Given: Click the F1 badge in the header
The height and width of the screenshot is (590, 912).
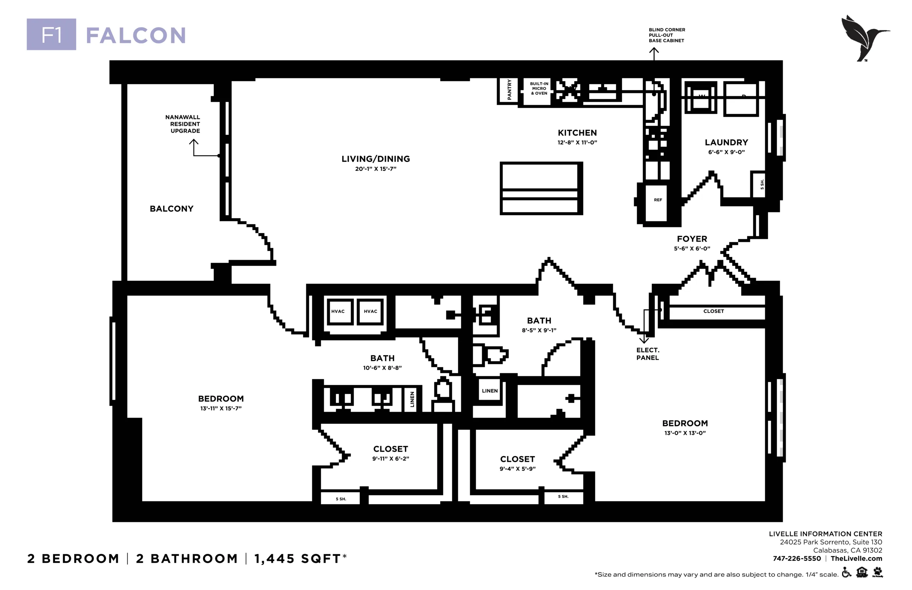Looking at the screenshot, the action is pos(51,34).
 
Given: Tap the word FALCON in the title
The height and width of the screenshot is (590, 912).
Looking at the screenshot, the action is pos(136,35).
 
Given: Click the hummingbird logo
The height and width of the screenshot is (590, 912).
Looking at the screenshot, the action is pos(865,38).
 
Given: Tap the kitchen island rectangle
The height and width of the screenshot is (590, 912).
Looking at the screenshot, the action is pos(541,188).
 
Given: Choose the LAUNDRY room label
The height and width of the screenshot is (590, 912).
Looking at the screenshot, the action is pos(726,143).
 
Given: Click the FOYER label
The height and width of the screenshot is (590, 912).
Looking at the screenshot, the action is pos(692,239).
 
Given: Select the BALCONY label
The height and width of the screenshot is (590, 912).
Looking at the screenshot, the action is pos(172,209).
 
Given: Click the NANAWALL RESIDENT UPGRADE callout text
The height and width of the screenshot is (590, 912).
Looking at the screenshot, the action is pos(183,124).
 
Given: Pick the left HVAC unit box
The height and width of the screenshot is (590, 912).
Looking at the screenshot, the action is pos(338,311).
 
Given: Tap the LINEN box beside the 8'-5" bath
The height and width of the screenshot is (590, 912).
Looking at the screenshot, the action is pos(489,390).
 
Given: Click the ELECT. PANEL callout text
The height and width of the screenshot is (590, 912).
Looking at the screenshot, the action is pos(648,354).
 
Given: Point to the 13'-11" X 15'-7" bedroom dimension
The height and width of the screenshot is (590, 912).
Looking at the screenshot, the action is pos(221,408).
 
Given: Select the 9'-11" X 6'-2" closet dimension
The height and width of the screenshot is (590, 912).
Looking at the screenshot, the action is pos(391,459).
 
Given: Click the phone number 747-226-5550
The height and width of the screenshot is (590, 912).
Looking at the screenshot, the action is pos(797,558).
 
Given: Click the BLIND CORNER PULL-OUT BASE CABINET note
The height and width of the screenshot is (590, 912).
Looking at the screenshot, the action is pos(667,35).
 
